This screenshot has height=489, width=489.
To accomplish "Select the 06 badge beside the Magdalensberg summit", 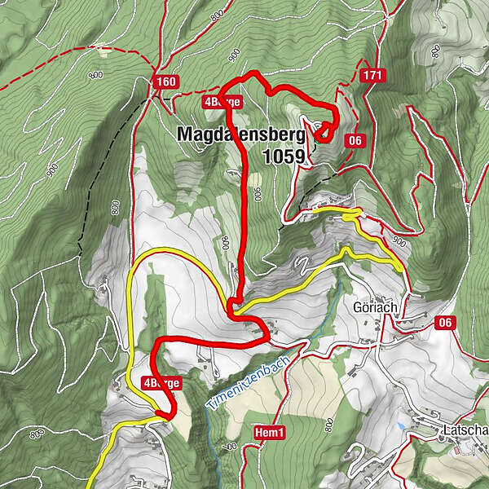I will coord(355,140).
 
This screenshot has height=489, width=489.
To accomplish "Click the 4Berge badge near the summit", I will coord(222,103).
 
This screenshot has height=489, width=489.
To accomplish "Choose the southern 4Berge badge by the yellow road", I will coord(161,382).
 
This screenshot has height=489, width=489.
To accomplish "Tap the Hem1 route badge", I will coord(268,432).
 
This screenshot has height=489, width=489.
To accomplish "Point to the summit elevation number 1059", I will coord(284,155).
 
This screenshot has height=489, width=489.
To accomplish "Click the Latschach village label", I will coord(465,430).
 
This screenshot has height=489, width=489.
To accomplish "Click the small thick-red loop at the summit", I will coord(324,130).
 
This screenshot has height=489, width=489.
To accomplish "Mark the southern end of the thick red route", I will coord(167,416).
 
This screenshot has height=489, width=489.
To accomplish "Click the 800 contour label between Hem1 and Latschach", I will coord(328,425).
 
